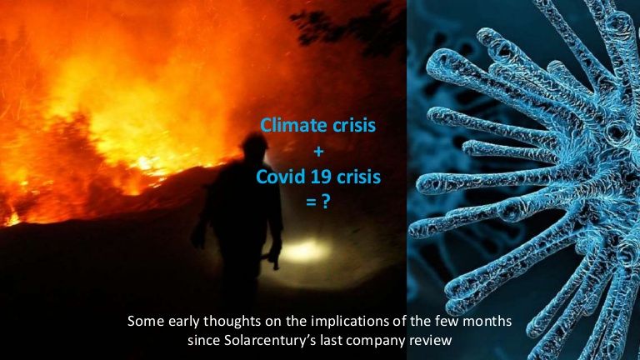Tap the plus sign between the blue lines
tap(319, 152)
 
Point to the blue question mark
tap(325, 202)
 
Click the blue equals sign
tap(311, 202)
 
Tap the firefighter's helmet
tap(255, 141)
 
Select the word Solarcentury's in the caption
tap(270, 340)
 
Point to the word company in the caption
tap(374, 341)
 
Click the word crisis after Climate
tap(354, 125)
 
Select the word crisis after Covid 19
tap(359, 177)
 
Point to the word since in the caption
tap(203, 340)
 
